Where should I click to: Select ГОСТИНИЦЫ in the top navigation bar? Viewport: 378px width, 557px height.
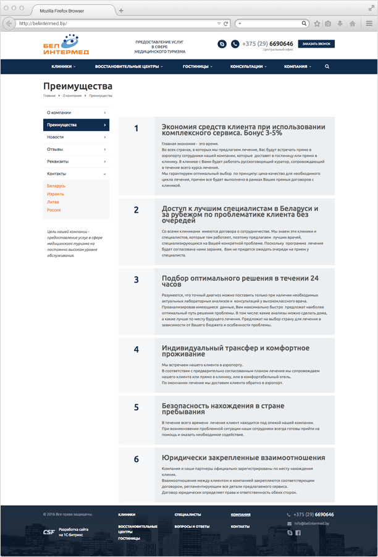coord(197,66)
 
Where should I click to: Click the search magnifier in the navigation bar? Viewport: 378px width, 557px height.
coord(327,66)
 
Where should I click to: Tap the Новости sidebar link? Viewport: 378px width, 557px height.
coord(56,137)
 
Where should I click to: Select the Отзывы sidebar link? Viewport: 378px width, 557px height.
coord(55,149)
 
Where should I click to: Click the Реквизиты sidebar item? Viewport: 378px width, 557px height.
coord(57,161)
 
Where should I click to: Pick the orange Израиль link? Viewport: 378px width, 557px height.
coord(56,194)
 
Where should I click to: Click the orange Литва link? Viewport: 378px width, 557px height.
coord(53,202)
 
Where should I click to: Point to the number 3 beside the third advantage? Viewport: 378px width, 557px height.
coord(136,279)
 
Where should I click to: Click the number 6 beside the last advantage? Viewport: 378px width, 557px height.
coord(136,460)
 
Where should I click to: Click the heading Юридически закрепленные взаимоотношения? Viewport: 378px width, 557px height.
coord(243,458)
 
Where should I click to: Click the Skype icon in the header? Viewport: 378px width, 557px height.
coord(222,44)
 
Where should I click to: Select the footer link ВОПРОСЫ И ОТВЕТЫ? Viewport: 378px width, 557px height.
coord(192,526)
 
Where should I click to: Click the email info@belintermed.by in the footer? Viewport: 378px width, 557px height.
coord(313,524)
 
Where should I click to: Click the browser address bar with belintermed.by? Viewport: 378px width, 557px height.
coord(117,23)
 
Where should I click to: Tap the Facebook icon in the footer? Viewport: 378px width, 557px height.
coord(297,532)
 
